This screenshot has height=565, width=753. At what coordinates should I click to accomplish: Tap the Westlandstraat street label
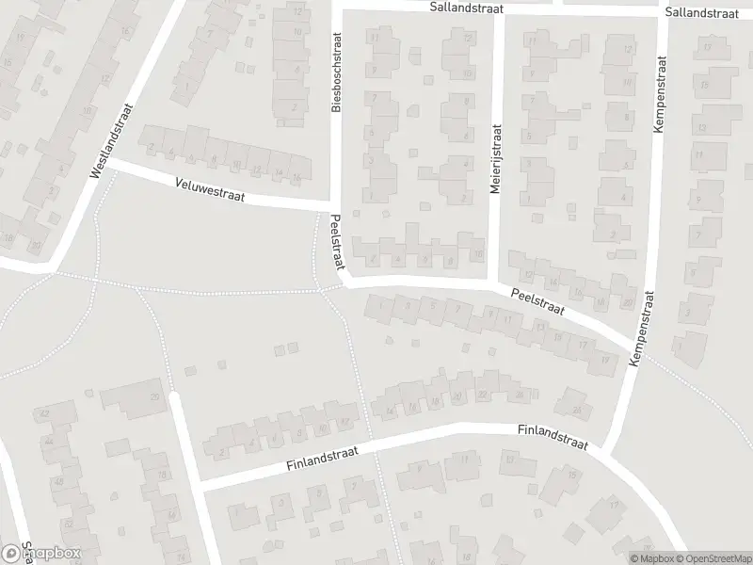pyautogui.click(x=107, y=141)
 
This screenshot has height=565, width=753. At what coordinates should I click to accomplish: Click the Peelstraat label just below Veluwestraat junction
pyautogui.click(x=336, y=242)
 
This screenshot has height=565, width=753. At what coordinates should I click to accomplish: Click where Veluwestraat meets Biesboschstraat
pyautogui.click(x=332, y=205)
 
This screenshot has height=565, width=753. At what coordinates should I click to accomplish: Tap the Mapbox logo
pyautogui.click(x=41, y=554)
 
